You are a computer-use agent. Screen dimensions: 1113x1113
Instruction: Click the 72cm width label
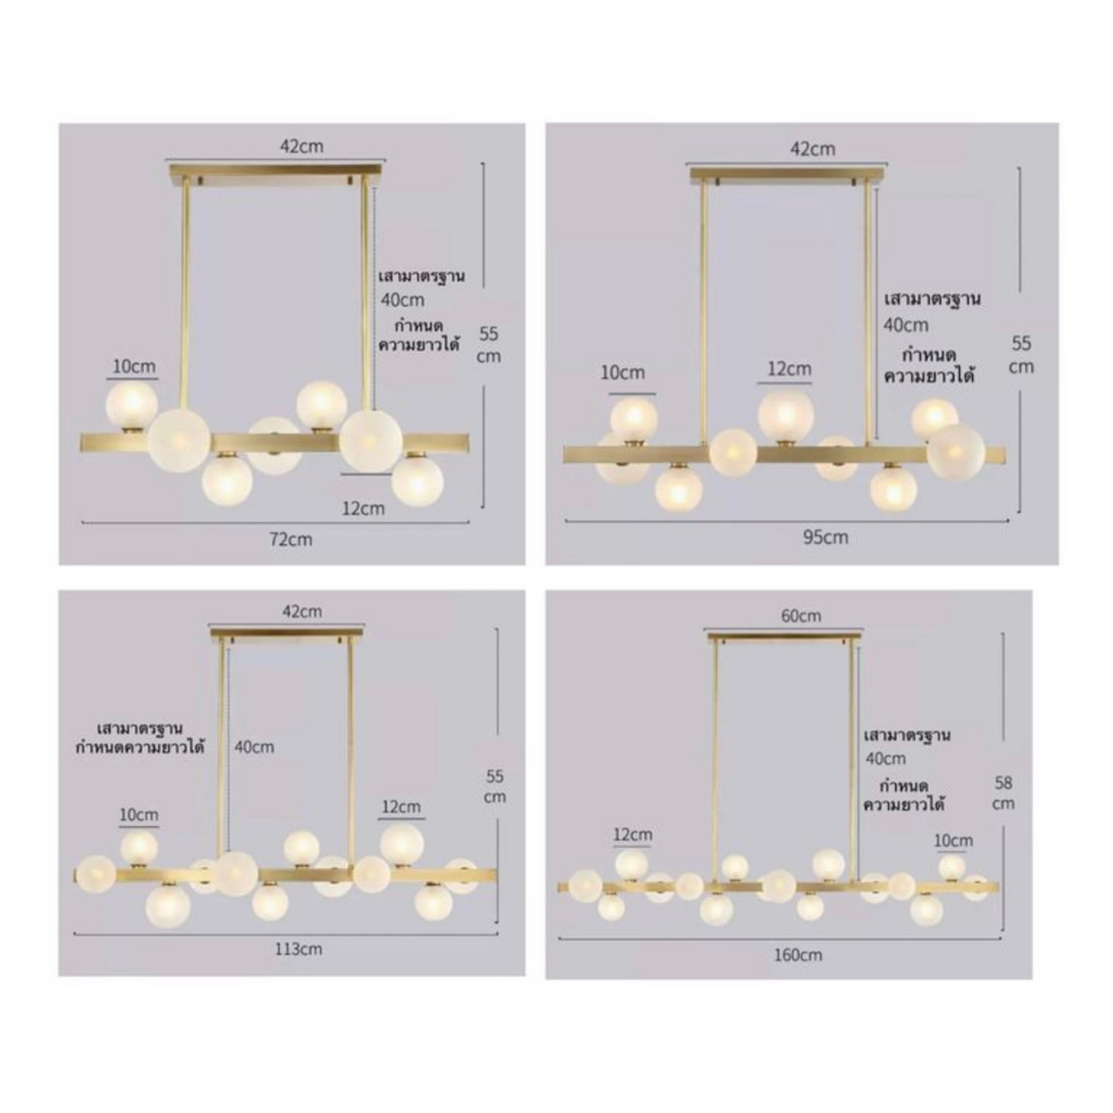(290, 539)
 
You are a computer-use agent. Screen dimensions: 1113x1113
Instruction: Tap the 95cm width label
(825, 537)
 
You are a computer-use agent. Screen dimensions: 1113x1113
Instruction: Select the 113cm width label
(298, 949)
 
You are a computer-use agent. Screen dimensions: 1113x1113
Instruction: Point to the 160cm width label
(797, 955)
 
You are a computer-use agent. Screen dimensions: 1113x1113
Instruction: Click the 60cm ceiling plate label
(800, 615)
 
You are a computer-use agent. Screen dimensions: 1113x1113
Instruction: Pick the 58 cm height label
(1003, 793)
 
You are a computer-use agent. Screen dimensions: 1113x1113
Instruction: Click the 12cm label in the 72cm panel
(363, 508)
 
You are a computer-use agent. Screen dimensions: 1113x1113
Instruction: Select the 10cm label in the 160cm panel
(953, 840)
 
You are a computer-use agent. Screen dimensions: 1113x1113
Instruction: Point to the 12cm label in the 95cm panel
(789, 369)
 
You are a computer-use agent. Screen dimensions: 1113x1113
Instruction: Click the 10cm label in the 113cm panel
(139, 814)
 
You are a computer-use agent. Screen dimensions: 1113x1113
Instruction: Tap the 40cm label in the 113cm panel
(254, 746)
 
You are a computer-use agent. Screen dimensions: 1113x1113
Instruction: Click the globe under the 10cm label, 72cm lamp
(132, 404)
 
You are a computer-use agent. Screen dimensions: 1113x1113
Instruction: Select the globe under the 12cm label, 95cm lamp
(786, 415)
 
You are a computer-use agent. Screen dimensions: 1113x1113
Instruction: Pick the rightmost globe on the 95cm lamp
(956, 450)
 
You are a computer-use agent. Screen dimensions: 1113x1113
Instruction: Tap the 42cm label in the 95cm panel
(813, 149)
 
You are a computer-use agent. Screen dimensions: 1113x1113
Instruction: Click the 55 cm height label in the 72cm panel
(489, 344)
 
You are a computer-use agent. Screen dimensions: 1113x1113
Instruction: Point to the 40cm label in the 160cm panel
(885, 759)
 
